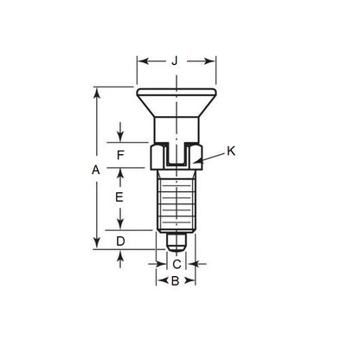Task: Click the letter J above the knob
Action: (x=176, y=61)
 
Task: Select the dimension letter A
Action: (x=96, y=171)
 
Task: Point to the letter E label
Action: (x=120, y=197)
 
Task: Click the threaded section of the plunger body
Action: (x=176, y=201)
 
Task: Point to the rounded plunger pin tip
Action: (x=176, y=238)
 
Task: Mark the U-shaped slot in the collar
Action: (x=176, y=157)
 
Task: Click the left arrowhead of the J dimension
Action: (x=140, y=61)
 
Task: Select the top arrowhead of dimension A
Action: (x=96, y=90)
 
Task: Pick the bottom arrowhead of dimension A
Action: (x=96, y=245)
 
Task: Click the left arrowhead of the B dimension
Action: (x=159, y=282)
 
